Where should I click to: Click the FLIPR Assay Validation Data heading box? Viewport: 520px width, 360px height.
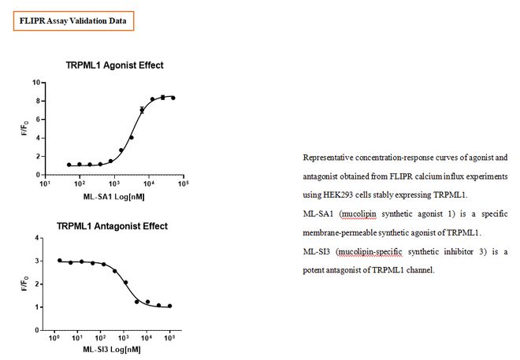(73, 20)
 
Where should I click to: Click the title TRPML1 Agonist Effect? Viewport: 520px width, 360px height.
(115, 65)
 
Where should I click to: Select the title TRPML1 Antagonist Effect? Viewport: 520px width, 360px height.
(112, 226)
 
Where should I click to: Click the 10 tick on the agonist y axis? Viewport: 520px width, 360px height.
(35, 82)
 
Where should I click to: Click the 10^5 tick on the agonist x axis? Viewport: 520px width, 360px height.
(183, 184)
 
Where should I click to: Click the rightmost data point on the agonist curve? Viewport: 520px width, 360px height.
(173, 98)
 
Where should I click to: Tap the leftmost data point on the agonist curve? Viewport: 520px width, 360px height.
(69, 165)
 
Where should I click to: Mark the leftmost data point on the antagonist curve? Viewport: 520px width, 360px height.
(60, 260)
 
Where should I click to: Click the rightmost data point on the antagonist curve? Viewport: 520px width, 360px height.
(170, 306)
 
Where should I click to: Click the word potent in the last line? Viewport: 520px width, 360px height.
(314, 270)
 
